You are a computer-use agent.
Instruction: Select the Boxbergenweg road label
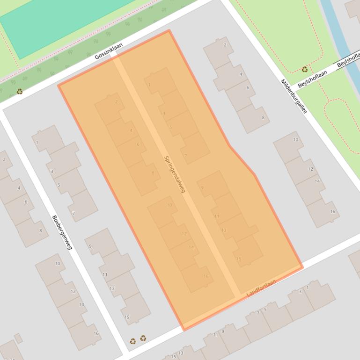point(62,232)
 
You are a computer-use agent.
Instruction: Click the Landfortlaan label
point(261,288)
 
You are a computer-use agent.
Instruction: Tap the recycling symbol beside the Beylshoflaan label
point(305,69)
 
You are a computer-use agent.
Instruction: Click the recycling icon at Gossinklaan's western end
point(19,91)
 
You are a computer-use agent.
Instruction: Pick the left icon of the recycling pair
point(133,341)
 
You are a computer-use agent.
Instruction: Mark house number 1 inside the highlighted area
point(149,85)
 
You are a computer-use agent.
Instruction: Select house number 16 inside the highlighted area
point(206,276)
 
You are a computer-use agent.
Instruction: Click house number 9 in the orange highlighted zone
point(202,188)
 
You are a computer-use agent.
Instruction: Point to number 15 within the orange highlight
point(238,259)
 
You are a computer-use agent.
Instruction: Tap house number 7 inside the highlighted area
point(186,156)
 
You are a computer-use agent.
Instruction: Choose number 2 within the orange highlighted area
point(117,102)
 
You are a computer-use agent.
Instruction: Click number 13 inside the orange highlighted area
point(224,230)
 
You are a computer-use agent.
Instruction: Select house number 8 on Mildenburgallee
point(263,117)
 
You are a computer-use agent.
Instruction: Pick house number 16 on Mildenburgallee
point(332,211)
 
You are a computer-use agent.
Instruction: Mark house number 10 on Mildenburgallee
point(295,139)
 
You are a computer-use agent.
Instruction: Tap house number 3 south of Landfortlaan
point(300,292)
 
